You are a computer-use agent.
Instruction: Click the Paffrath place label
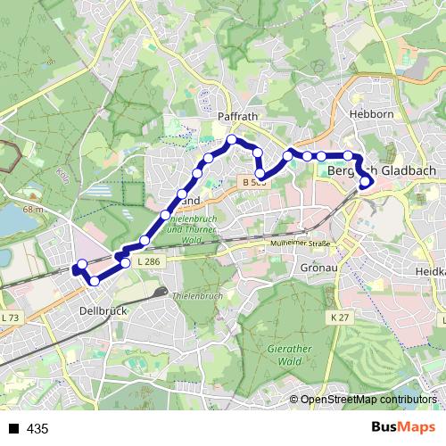(236, 117)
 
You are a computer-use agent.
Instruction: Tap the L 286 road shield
(148, 261)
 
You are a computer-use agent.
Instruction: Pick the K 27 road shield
(338, 317)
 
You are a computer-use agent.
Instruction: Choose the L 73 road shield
(10, 318)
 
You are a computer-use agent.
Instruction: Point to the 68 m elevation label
(34, 209)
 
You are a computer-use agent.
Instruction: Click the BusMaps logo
(403, 427)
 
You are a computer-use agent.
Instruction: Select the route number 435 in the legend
(37, 429)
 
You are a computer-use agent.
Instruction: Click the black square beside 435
(13, 429)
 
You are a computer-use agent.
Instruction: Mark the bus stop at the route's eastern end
(366, 184)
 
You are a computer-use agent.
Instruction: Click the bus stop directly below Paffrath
(232, 140)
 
